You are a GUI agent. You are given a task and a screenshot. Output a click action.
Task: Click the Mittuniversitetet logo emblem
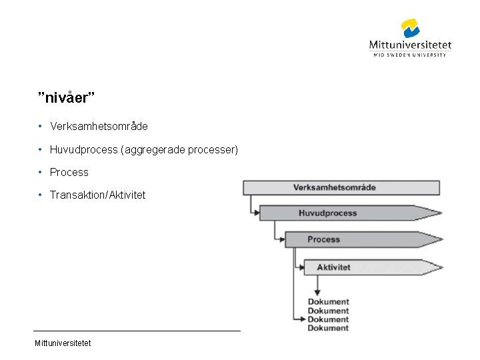tap(410, 29)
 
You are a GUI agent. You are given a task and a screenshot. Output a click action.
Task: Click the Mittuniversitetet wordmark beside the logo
tap(410, 45)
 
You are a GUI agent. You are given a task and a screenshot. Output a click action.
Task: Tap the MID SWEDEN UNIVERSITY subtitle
tap(410, 55)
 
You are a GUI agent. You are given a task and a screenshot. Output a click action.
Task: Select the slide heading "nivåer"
tap(67, 98)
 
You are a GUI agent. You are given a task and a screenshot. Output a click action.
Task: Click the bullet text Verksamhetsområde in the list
tap(99, 126)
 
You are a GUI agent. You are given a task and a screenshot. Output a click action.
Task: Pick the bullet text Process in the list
tap(69, 172)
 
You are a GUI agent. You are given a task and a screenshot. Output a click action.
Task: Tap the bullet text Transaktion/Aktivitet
tap(97, 195)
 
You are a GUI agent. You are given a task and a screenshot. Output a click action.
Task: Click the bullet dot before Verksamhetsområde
tap(41, 126)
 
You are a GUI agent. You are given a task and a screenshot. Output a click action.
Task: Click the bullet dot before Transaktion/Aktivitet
tap(41, 195)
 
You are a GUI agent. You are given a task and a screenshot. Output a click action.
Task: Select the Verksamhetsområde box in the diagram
tap(341, 187)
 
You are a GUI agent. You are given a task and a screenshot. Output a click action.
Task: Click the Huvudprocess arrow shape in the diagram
tap(347, 213)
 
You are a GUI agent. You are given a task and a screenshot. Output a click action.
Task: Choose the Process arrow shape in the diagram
tap(360, 239)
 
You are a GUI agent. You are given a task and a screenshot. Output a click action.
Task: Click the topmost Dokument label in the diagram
tap(328, 302)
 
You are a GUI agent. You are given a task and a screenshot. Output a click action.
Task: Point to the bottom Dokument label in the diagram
tap(328, 328)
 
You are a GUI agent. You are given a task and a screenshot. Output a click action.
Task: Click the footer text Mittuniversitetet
tap(63, 343)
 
